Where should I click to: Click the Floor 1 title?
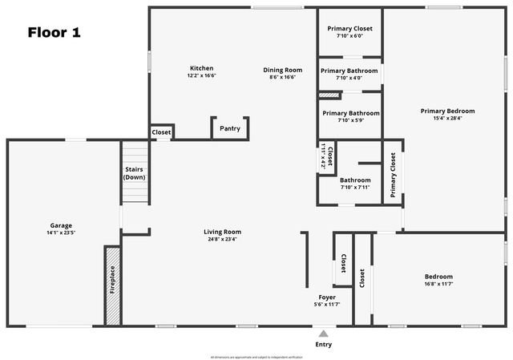coord(54,33)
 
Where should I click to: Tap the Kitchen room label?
coord(201,68)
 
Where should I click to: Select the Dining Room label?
coord(282,70)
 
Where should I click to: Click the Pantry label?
coord(229,128)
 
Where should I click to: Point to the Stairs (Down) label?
coord(135,173)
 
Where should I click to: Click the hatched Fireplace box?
coord(112,285)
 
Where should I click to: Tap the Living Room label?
coord(222,232)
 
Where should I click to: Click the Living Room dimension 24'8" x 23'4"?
coord(222,239)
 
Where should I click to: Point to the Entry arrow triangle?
coord(323,333)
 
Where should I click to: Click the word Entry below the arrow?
coord(323,345)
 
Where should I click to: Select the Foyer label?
coord(327,297)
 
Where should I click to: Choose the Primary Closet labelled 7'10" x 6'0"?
coord(349,29)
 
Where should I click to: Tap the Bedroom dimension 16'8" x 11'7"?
coord(438,284)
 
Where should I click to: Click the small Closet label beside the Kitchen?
coord(161,131)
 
